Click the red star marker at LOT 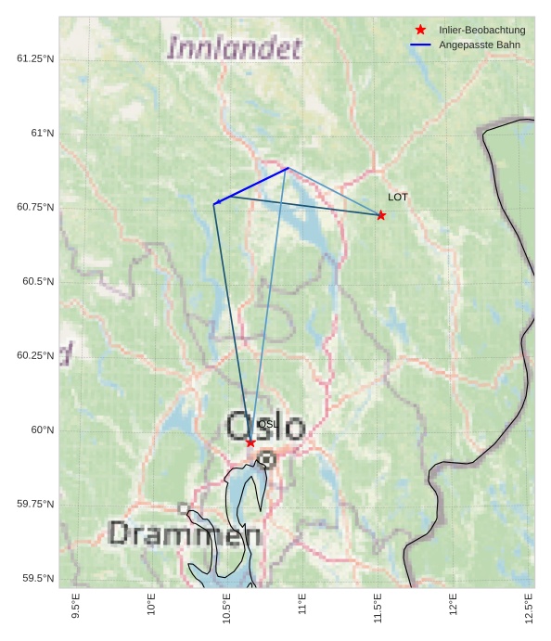tap(380, 215)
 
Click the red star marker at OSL tap(250, 442)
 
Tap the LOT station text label tap(398, 197)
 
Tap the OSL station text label tap(267, 424)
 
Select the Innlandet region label tap(234, 48)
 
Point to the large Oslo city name tap(265, 427)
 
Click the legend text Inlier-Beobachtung tap(481, 31)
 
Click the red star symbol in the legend tap(420, 31)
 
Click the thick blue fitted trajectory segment tap(251, 186)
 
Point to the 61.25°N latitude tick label tap(35, 58)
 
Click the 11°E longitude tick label tap(302, 608)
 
